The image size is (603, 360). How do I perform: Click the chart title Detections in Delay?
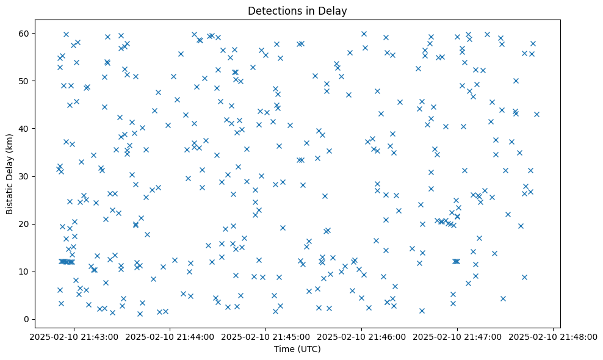[x=297, y=10]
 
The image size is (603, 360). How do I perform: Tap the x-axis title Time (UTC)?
[x=297, y=349]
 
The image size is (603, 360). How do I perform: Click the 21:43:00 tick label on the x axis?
[x=74, y=336]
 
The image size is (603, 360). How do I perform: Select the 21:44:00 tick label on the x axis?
[x=170, y=336]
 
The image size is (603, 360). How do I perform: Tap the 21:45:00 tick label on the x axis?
[x=265, y=336]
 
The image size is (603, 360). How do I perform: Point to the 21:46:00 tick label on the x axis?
[x=361, y=336]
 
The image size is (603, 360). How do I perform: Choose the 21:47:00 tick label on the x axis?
[x=457, y=336]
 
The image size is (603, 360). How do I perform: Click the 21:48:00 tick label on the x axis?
[x=553, y=336]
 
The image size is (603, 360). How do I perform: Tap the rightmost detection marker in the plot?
[x=536, y=114]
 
